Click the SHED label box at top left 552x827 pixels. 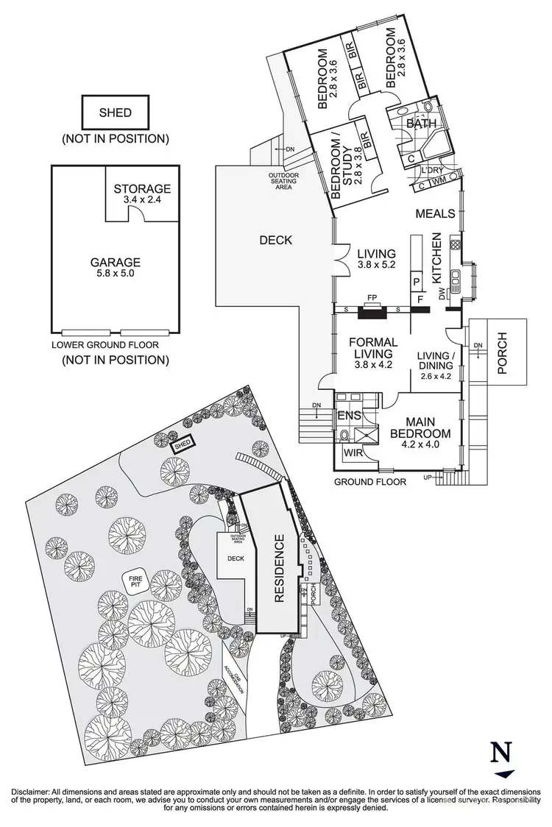pyautogui.click(x=116, y=113)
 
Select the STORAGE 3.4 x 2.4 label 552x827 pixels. pyautogui.click(x=142, y=194)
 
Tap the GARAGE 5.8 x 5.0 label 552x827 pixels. pyautogui.click(x=116, y=267)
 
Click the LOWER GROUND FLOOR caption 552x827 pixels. pyautogui.click(x=105, y=344)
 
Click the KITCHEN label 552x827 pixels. pyautogui.click(x=436, y=259)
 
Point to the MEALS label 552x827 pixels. pyautogui.click(x=434, y=213)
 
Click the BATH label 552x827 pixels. pyautogui.click(x=420, y=124)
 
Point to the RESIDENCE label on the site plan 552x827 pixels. pyautogui.click(x=279, y=569)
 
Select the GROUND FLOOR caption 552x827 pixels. pyautogui.click(x=370, y=482)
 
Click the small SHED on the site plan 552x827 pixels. pyautogui.click(x=182, y=444)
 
